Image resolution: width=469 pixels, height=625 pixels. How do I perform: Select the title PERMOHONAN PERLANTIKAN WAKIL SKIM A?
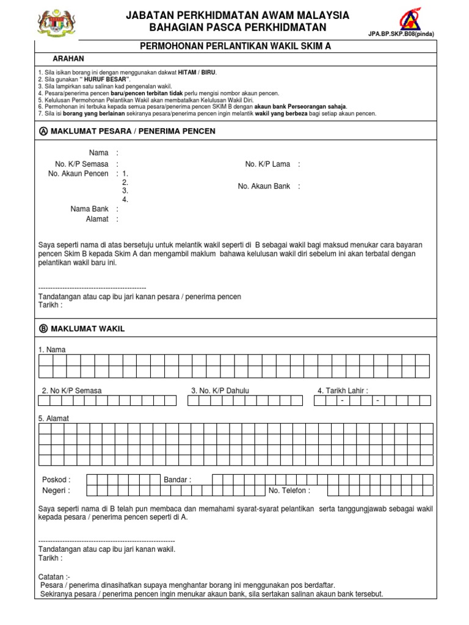pyautogui.click(x=236, y=46)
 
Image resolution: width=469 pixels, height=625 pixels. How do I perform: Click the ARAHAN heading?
pyautogui.click(x=68, y=59)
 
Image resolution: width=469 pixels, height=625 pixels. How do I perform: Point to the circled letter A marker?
pyautogui.click(x=43, y=131)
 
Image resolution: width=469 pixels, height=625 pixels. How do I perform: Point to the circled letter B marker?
pyautogui.click(x=43, y=329)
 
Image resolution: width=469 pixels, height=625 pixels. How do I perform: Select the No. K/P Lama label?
pyautogui.click(x=267, y=164)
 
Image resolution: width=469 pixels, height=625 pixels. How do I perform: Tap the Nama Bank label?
pyautogui.click(x=89, y=209)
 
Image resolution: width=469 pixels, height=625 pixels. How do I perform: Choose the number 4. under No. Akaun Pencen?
pyautogui.click(x=125, y=200)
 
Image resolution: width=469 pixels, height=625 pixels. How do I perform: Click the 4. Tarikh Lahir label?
pyautogui.click(x=343, y=391)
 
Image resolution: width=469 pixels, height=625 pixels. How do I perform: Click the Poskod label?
pyautogui.click(x=56, y=480)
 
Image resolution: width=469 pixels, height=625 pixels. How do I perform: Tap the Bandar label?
pyautogui.click(x=177, y=480)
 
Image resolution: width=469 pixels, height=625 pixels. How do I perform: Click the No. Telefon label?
pyautogui.click(x=289, y=491)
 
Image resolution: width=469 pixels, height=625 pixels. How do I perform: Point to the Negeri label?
pyautogui.click(x=56, y=491)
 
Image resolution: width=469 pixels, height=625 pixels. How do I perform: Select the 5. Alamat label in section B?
pyautogui.click(x=53, y=419)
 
